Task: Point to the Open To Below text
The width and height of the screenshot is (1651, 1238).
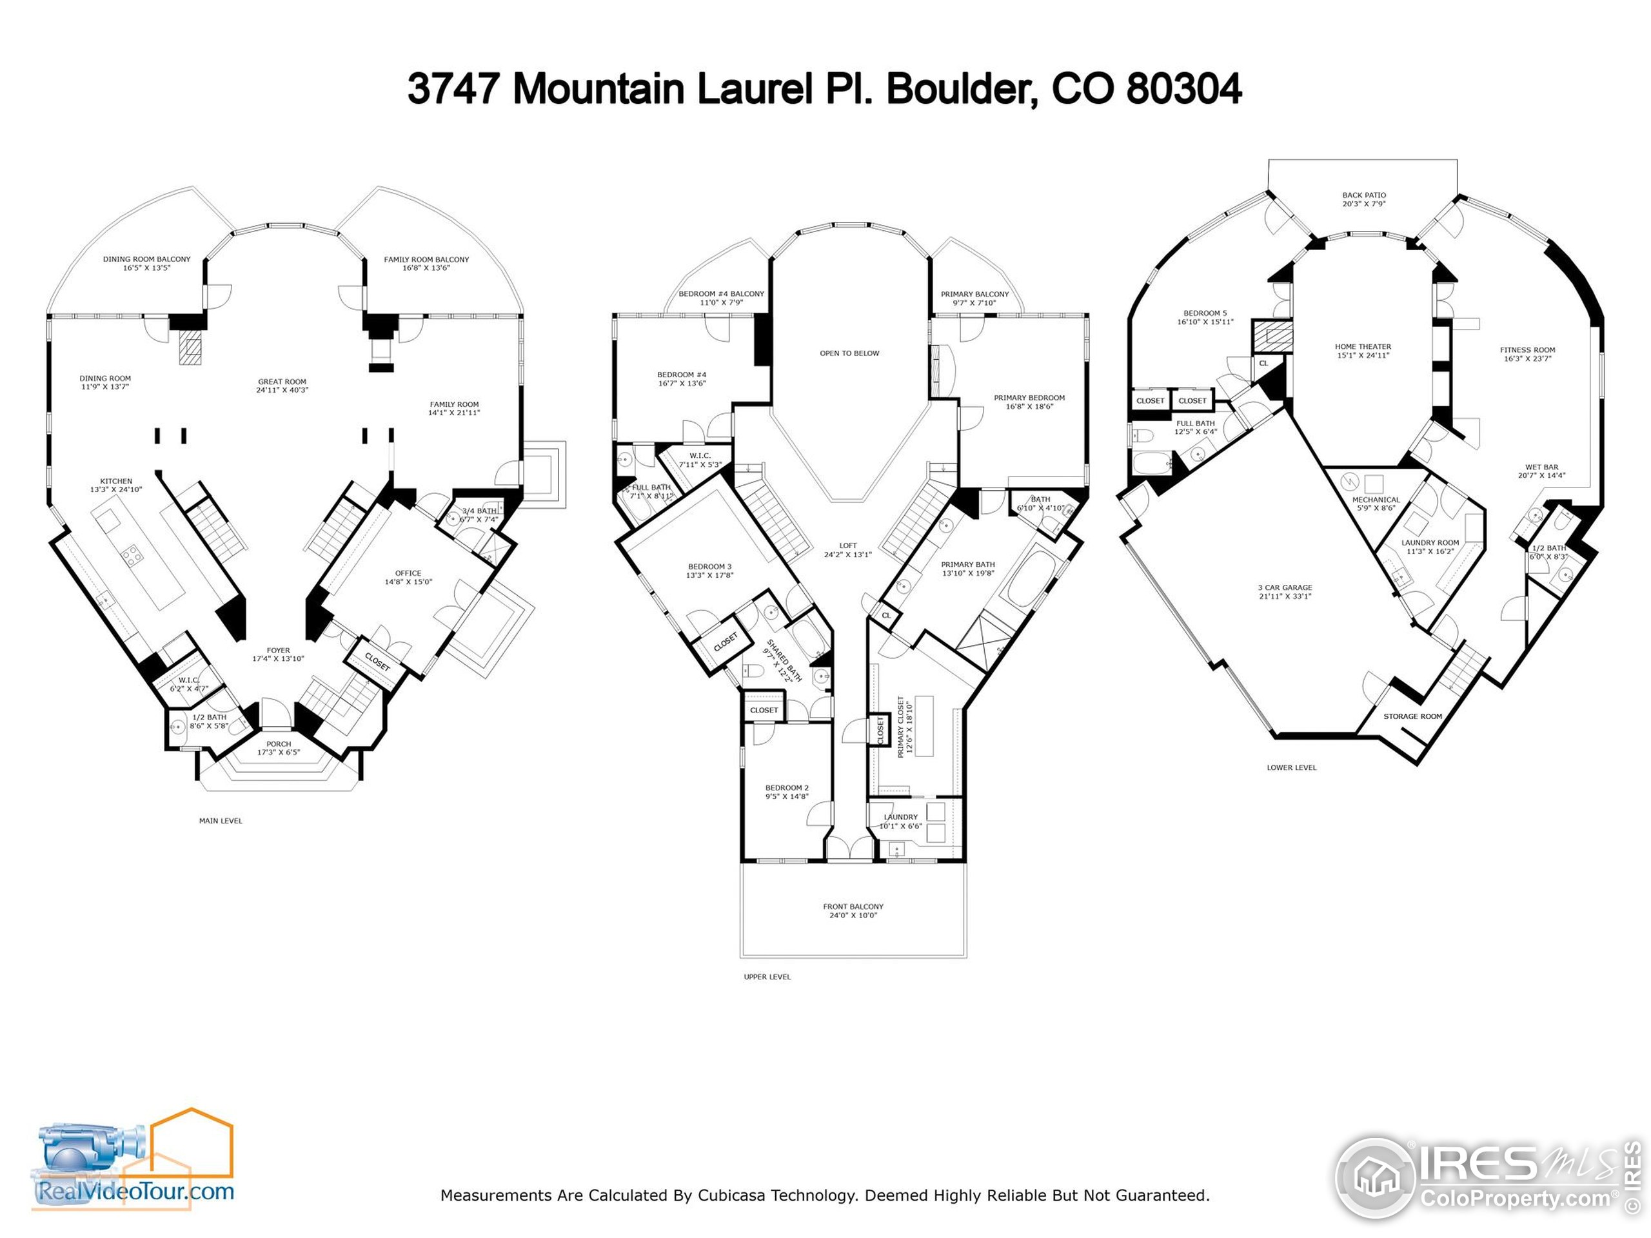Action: pos(849,353)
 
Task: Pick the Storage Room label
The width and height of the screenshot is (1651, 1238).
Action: pos(1412,716)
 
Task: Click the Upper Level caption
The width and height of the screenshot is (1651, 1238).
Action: pos(767,977)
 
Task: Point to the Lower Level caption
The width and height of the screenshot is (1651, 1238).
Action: pos(1291,767)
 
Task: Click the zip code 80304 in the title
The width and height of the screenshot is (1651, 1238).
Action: pos(1184,90)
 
